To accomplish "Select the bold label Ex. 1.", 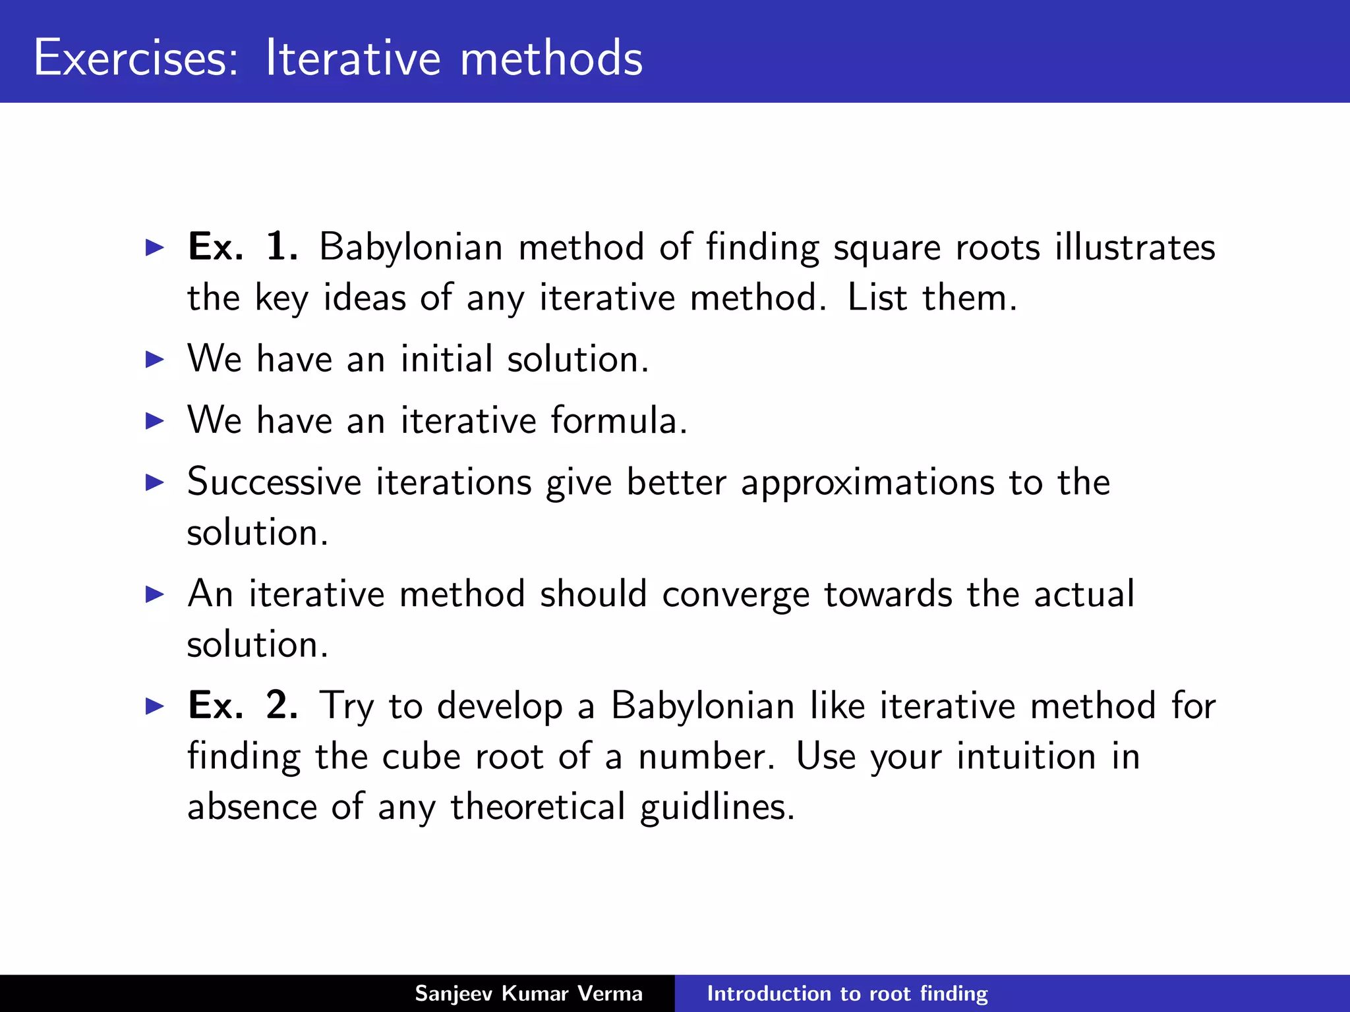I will [x=243, y=247].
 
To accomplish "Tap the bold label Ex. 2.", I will [x=243, y=706].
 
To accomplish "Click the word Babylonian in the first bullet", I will [x=411, y=248].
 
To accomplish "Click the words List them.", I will [x=931, y=298].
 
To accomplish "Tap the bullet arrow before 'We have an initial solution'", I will [x=155, y=360].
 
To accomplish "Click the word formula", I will [x=618, y=420].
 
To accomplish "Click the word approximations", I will [x=867, y=483].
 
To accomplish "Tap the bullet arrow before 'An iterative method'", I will [x=155, y=594].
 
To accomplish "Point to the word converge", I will [x=735, y=595].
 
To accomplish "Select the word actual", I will [x=1084, y=594].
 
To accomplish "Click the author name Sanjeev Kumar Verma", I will [x=528, y=994].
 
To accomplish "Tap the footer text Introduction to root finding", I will [x=847, y=994].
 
